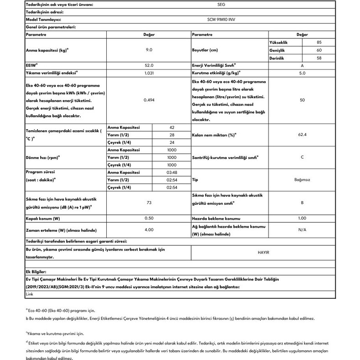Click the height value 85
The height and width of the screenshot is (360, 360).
[x=319, y=42]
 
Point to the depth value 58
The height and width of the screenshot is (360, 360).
[x=319, y=58]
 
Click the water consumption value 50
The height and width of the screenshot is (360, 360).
[x=302, y=100]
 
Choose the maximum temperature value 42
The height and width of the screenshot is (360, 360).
[x=172, y=127]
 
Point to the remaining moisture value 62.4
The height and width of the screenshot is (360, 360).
[x=302, y=135]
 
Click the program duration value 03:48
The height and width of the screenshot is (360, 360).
[x=172, y=172]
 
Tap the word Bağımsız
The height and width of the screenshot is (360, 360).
[x=302, y=180]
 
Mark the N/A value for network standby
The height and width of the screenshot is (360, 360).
[x=302, y=230]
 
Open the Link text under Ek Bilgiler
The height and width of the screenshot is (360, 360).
[x=30, y=294]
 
